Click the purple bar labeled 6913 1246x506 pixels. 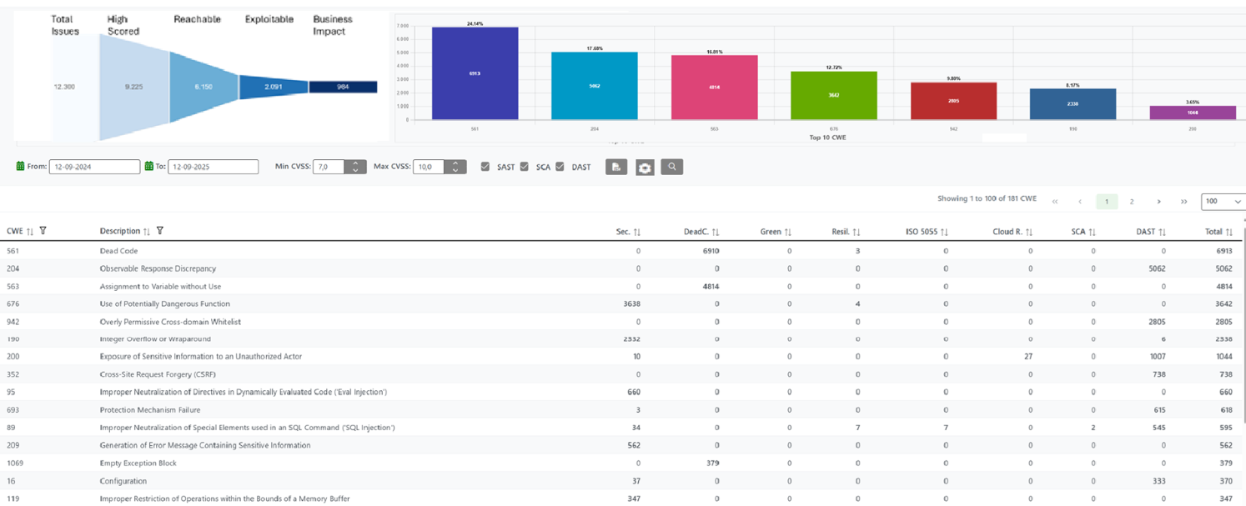(475, 73)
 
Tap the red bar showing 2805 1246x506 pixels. (953, 101)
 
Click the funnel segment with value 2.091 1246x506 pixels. (274, 87)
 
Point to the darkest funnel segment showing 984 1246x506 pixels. (343, 87)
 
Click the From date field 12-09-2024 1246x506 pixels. (94, 167)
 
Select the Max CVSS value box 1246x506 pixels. (429, 167)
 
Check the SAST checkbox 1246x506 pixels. (485, 167)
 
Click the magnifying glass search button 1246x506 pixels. (671, 167)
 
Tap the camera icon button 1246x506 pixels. (645, 168)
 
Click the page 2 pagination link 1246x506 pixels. (1132, 202)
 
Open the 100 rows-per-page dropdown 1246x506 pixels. (1223, 202)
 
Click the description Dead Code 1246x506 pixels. (118, 251)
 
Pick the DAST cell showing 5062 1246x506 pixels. (1156, 268)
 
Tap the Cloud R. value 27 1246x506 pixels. (1028, 357)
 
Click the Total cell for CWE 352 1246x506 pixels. (1226, 374)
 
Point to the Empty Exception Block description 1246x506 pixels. (138, 463)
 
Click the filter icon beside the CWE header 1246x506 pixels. (43, 231)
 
